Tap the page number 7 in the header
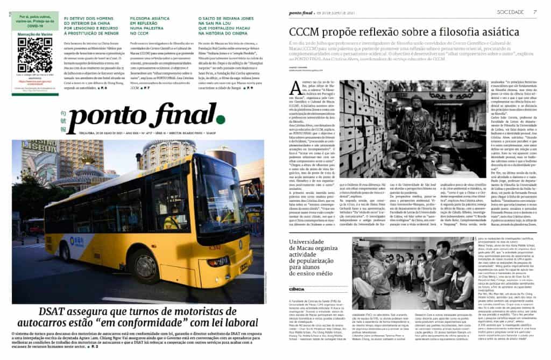535,11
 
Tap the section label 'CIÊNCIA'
296,289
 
